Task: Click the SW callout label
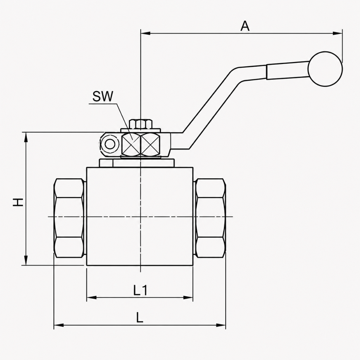103,96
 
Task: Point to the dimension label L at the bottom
140,318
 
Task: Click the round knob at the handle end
325,69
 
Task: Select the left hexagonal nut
69,218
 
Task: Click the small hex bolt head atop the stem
141,124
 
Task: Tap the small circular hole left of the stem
110,144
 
